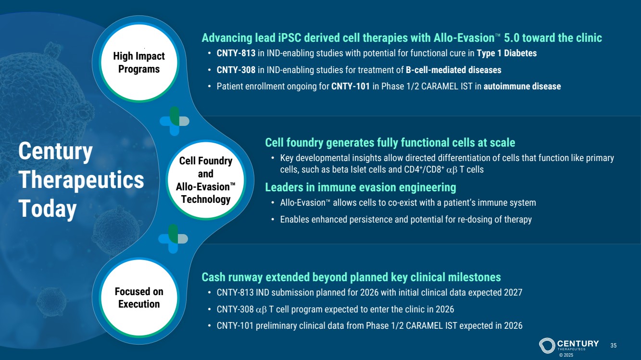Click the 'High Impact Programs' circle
pyautogui.click(x=139, y=62)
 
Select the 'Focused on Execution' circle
pyautogui.click(x=139, y=298)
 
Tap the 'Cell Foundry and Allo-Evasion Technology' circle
pyautogui.click(x=206, y=180)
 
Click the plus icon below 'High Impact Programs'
pyautogui.click(x=175, y=121)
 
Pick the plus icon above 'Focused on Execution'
pyautogui.click(x=173, y=239)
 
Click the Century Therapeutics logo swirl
pyautogui.click(x=547, y=346)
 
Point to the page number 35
pyautogui.click(x=613, y=346)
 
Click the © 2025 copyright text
pyautogui.click(x=566, y=355)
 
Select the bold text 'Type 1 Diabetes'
pyautogui.click(x=506, y=53)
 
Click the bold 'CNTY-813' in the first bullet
pyautogui.click(x=236, y=53)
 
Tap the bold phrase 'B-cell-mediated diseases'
pyautogui.click(x=453, y=70)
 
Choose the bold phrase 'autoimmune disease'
pyautogui.click(x=522, y=87)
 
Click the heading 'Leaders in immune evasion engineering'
pyautogui.click(x=361, y=187)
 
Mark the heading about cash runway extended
pyautogui.click(x=351, y=277)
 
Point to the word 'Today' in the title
pyautogui.click(x=48, y=209)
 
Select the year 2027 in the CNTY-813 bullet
pyautogui.click(x=513, y=293)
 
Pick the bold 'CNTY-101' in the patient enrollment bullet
pyautogui.click(x=351, y=87)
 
